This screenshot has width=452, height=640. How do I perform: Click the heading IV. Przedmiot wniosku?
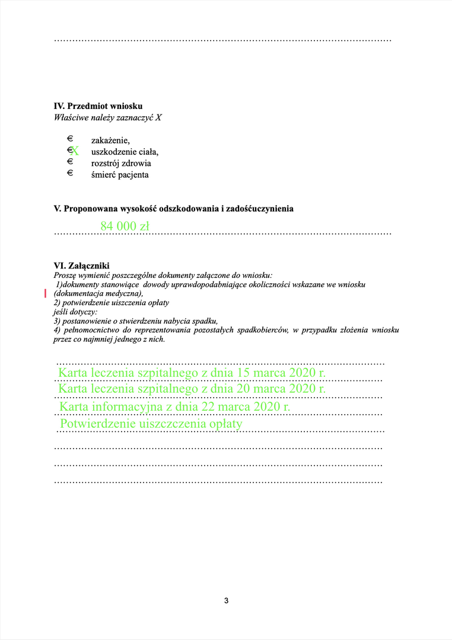click(x=98, y=106)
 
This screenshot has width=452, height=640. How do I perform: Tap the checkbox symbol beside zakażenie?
click(x=69, y=139)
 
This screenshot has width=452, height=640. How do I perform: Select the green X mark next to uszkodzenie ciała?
click(x=75, y=151)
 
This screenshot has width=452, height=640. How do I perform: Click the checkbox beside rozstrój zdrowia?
click(x=69, y=161)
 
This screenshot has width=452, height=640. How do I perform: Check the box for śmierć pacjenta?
click(x=69, y=173)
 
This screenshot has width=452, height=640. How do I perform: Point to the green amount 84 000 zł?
click(x=125, y=226)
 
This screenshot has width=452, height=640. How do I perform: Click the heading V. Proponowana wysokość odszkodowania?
click(x=173, y=209)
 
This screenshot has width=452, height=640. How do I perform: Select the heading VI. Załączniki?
click(x=81, y=266)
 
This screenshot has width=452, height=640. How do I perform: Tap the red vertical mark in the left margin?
click(x=46, y=293)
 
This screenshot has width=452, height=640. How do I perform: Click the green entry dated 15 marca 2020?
click(x=192, y=373)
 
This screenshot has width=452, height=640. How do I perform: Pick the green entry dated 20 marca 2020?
click(x=192, y=389)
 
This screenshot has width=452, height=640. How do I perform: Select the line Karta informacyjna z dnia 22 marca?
click(x=174, y=407)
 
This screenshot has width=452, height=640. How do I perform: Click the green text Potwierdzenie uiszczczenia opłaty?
click(x=151, y=424)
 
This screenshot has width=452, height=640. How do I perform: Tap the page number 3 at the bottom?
click(x=226, y=600)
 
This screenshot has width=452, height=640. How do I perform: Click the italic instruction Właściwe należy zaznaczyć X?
click(x=107, y=117)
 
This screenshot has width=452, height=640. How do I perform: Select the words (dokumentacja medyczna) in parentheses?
click(x=98, y=293)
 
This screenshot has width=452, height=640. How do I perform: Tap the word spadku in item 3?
click(x=205, y=320)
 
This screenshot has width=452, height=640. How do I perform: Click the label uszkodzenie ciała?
click(x=125, y=152)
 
